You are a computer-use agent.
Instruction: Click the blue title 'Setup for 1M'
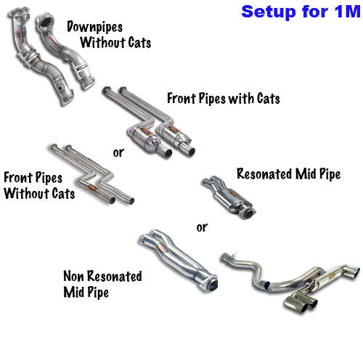pos(301,12)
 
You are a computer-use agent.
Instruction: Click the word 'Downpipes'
pos(94,27)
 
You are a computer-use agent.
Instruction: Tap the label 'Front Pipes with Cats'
pos(224,99)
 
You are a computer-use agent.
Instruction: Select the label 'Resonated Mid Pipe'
pos(288,174)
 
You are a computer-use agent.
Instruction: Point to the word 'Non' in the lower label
pos(74,276)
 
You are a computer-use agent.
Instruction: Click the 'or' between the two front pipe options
pos(118,152)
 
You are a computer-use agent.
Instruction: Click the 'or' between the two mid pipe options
pos(202,227)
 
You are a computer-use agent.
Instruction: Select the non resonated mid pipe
pos(178,259)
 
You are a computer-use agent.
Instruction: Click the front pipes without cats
pos(92,173)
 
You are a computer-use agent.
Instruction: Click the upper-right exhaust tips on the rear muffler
pos(351,272)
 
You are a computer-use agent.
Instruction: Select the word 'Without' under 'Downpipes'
pos(102,43)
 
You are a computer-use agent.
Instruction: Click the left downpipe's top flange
pos(19,12)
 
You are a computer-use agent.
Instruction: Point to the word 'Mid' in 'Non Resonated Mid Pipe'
pos(73,292)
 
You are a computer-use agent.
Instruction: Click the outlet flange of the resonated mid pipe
pos(249,213)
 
